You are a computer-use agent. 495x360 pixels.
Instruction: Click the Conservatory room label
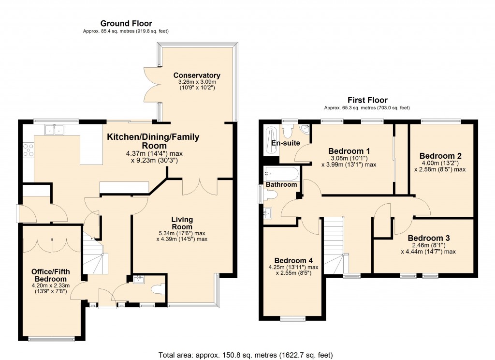click(197, 75)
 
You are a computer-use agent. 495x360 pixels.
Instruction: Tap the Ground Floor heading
click(126, 23)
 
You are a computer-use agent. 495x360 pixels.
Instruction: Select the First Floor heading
click(367, 100)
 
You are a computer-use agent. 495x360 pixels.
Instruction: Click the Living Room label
click(182, 223)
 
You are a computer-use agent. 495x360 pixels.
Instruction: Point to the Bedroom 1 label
click(349, 150)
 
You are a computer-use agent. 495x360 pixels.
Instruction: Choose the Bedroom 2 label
click(440, 156)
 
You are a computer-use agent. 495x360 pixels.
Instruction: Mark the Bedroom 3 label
click(429, 238)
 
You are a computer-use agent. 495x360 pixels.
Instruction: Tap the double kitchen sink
click(54, 130)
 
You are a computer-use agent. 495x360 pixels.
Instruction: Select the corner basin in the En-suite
click(305, 129)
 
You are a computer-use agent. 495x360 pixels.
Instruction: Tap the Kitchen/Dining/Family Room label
click(153, 141)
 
